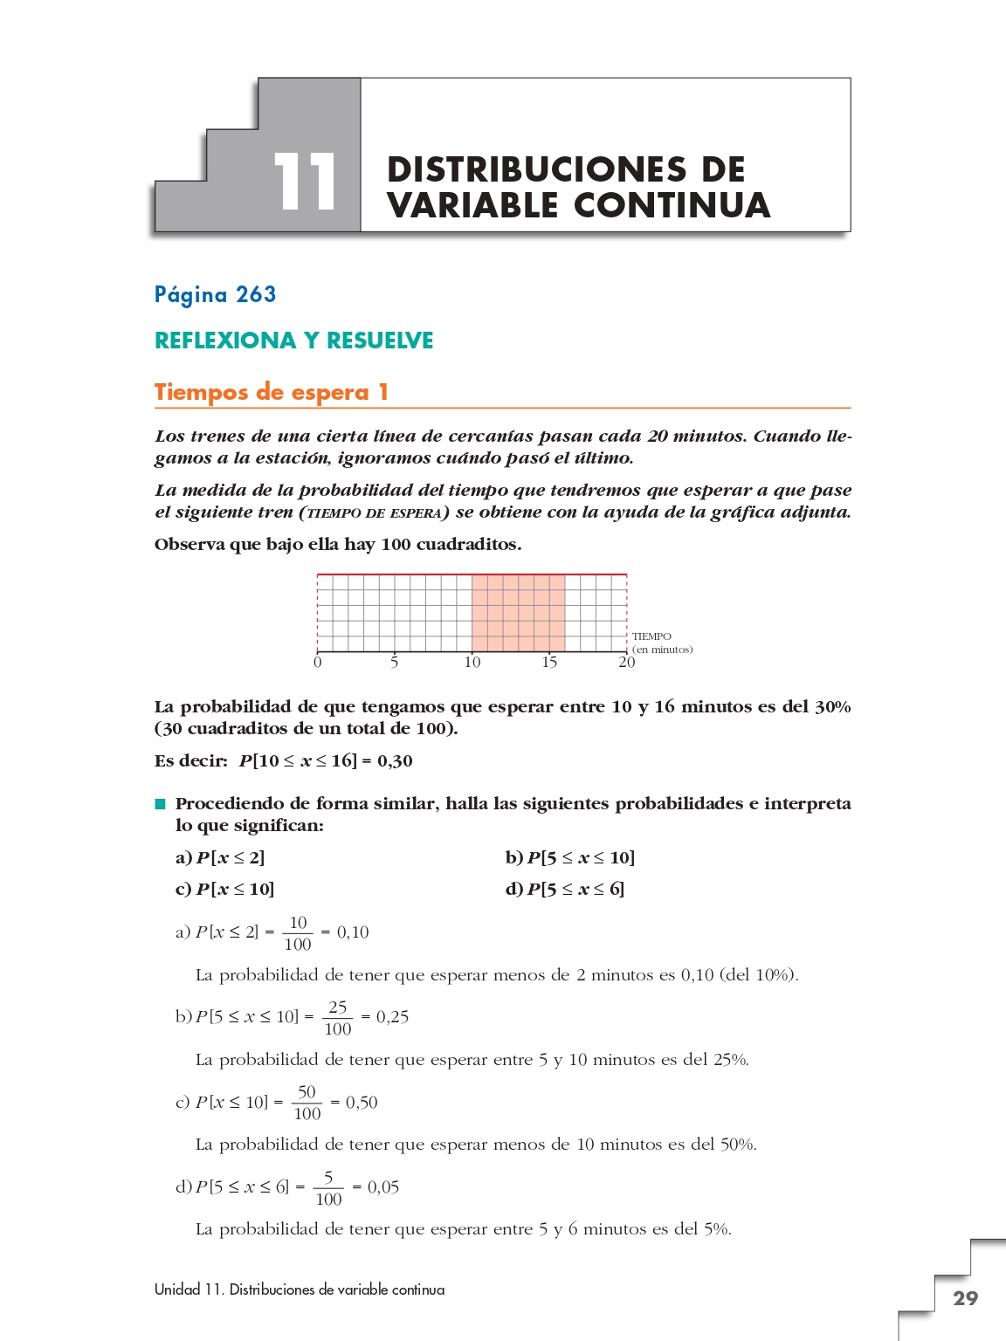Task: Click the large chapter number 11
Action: (305, 182)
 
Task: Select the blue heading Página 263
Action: (215, 294)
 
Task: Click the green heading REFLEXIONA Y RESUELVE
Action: (293, 340)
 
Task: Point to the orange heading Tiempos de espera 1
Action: (271, 392)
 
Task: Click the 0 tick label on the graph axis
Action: (317, 663)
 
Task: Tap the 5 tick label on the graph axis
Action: (395, 663)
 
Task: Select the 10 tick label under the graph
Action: (472, 663)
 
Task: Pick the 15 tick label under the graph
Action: (549, 663)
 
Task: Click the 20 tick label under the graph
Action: (627, 663)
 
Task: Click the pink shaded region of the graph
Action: (518, 613)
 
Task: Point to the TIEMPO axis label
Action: (652, 636)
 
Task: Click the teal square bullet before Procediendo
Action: (160, 804)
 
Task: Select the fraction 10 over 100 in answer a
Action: (298, 933)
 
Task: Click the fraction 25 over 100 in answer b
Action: (338, 1018)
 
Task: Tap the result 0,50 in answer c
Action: (362, 1103)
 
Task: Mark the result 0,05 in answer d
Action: (383, 1187)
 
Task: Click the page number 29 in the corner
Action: (965, 1298)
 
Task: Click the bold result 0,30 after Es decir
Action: (395, 761)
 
